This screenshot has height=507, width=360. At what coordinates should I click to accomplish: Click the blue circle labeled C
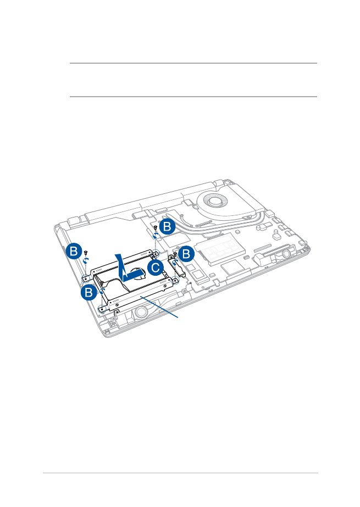click(156, 268)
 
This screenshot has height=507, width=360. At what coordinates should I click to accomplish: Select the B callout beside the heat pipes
click(167, 226)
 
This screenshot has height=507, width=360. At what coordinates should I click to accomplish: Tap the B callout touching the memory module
click(186, 254)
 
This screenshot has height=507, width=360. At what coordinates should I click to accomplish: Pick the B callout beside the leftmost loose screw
click(74, 251)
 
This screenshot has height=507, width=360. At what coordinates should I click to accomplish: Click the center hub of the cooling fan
click(214, 202)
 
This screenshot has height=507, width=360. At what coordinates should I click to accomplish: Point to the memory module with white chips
click(220, 249)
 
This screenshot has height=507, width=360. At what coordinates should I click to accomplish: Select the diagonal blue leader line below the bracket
click(159, 308)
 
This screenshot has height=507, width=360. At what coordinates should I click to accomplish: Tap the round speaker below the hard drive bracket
click(141, 311)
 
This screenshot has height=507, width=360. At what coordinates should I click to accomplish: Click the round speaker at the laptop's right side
click(286, 254)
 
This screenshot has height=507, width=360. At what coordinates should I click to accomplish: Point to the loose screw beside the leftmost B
click(86, 252)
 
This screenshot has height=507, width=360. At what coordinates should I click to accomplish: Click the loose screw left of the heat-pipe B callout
click(155, 227)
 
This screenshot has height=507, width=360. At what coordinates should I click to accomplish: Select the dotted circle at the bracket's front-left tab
click(102, 309)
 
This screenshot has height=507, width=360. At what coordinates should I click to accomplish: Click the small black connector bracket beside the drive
click(176, 266)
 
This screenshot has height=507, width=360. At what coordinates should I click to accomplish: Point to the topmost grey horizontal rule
click(193, 63)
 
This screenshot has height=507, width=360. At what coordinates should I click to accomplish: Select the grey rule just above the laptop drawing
click(193, 96)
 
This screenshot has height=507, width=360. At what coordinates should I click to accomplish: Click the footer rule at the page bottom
click(180, 473)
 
